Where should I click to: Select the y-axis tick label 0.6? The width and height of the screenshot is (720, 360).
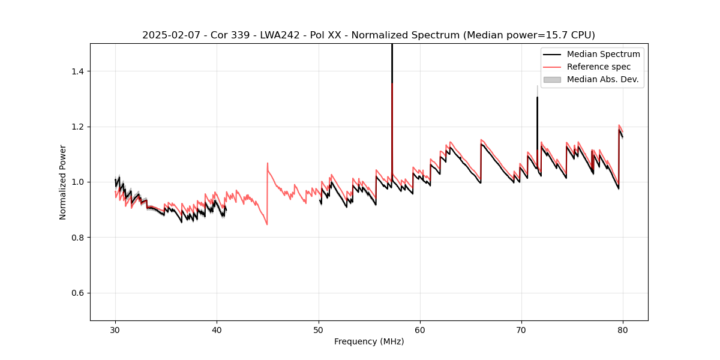[x=79, y=293]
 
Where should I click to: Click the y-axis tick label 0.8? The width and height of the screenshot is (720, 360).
[x=79, y=238]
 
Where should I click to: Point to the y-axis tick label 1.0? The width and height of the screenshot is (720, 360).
[x=79, y=182]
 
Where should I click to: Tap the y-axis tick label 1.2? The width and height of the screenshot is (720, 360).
[x=79, y=127]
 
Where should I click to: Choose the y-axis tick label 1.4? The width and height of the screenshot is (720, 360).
[x=79, y=71]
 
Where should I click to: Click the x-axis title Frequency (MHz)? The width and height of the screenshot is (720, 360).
[x=369, y=341]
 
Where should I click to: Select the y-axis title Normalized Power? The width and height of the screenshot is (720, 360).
[x=63, y=182]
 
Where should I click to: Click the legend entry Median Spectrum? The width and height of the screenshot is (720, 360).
[x=603, y=54]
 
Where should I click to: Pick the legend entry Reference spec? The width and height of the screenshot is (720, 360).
[x=599, y=67]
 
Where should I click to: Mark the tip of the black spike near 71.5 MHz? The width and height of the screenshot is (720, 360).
[x=537, y=97]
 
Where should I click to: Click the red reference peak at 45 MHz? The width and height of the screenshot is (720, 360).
[x=268, y=163]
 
